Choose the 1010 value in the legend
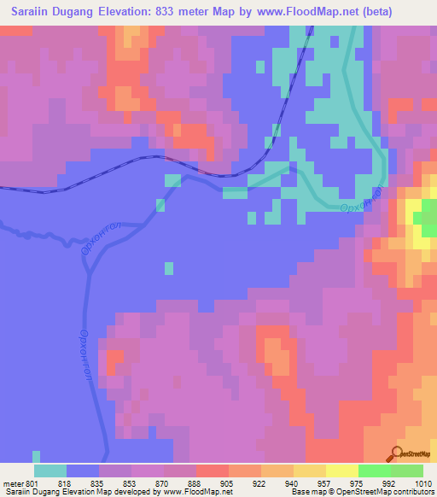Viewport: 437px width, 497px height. [424, 483]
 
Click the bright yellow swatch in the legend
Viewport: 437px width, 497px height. [341, 471]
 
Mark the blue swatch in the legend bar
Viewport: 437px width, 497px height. [83, 471]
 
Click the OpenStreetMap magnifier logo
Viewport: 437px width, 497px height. [397, 453]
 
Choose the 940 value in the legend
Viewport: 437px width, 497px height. [277, 483]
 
